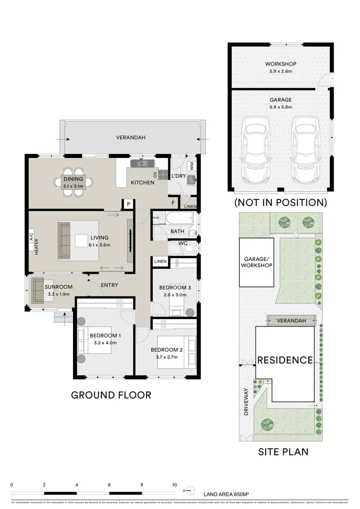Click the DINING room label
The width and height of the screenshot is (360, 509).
(x=73, y=179)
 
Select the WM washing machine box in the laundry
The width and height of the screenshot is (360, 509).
(x=191, y=166)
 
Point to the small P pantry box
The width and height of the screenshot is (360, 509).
(x=128, y=204)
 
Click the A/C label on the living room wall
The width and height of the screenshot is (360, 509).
(x=32, y=236)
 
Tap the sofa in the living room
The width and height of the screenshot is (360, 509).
(x=64, y=240)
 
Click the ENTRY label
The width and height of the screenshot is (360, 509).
(x=109, y=285)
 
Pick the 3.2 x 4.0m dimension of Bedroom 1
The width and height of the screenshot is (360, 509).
(x=106, y=343)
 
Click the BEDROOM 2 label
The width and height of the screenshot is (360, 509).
(x=166, y=350)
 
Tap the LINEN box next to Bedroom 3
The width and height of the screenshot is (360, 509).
(x=160, y=261)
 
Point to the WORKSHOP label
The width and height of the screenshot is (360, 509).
(x=280, y=64)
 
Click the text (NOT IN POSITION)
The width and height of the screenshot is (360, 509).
(x=280, y=203)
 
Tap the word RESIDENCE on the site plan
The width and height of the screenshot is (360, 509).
(x=285, y=360)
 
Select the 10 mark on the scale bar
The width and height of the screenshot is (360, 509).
(x=174, y=484)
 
